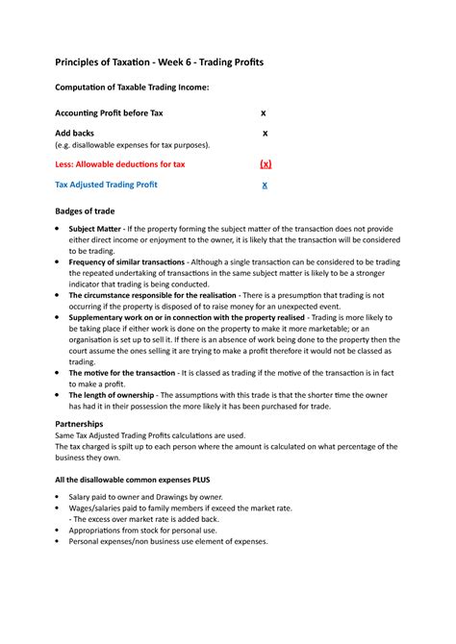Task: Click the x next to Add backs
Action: [266, 133]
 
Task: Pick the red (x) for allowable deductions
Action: [266, 164]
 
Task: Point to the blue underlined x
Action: [266, 185]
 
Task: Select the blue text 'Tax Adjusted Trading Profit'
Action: [106, 185]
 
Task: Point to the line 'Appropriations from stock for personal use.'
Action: [143, 530]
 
